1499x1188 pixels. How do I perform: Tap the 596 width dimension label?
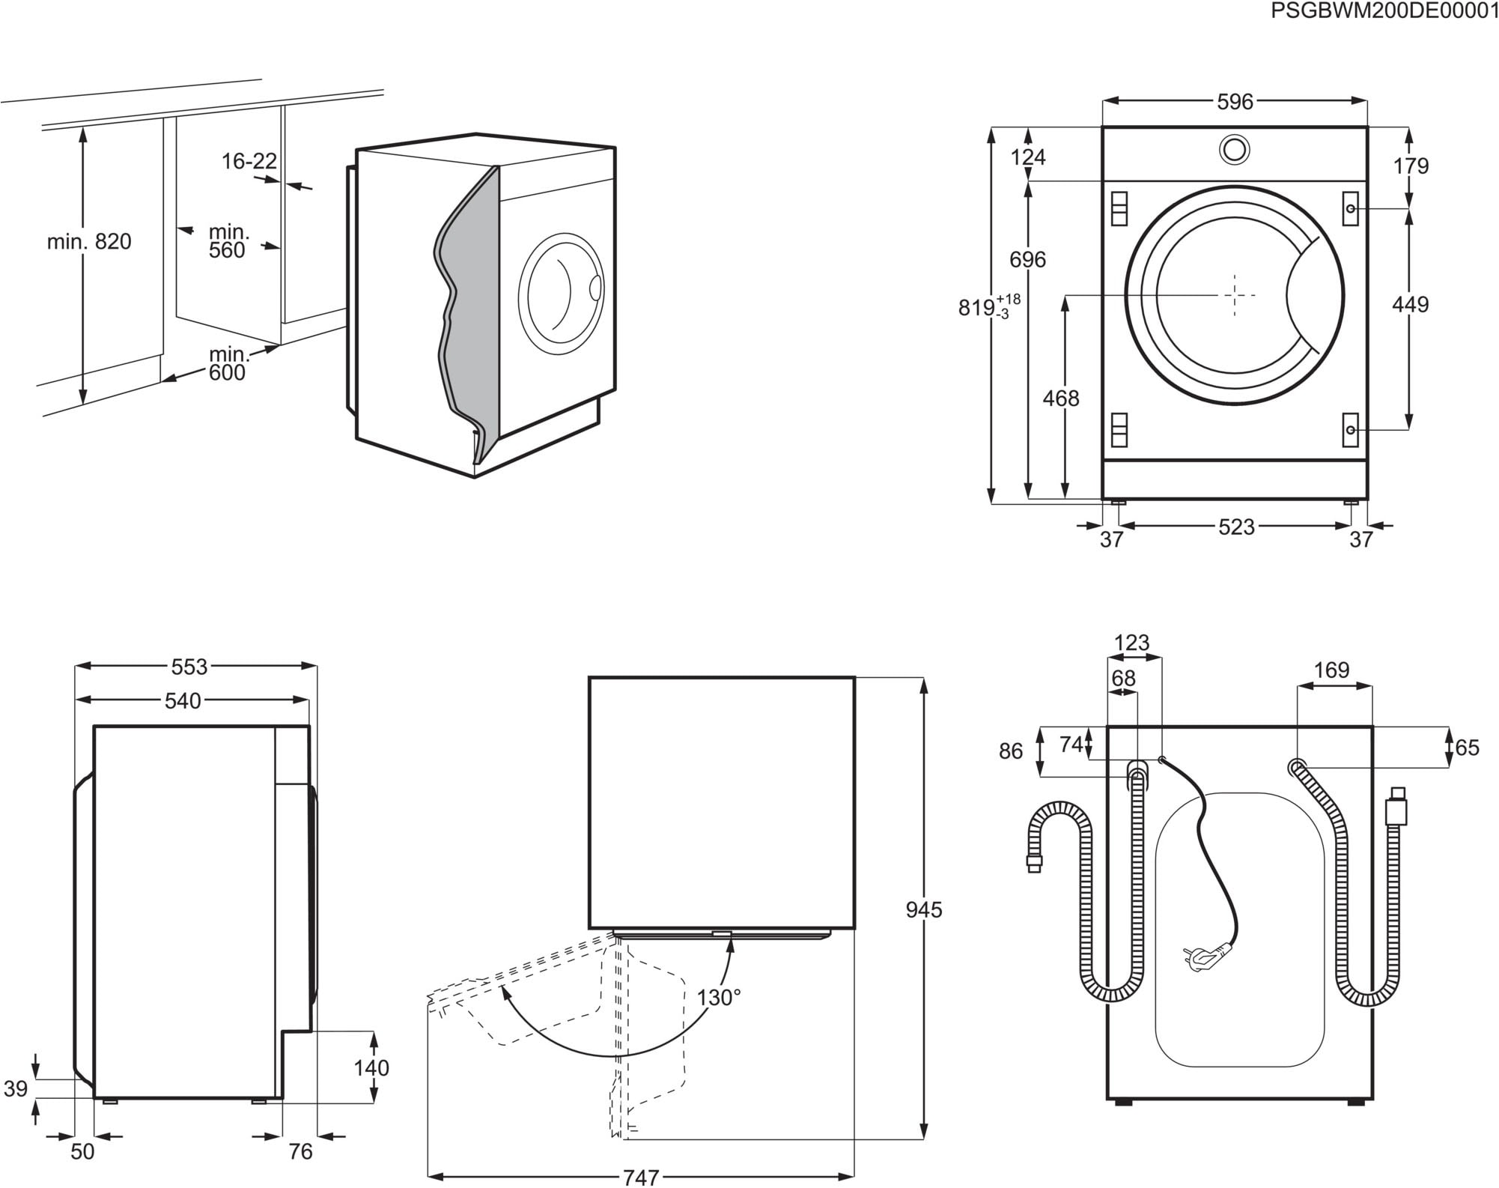[1235, 102]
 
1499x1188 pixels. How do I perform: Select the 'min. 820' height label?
[89, 241]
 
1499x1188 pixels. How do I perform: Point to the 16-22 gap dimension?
[249, 161]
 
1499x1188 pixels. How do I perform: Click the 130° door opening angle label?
[719, 997]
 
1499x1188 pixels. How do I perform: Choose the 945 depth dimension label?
[924, 910]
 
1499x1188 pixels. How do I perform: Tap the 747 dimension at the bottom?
[641, 1178]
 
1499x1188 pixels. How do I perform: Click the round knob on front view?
[1234, 149]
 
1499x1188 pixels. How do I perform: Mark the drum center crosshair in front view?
[1234, 295]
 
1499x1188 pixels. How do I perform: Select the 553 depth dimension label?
[189, 666]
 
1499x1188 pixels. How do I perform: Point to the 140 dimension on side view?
[371, 1067]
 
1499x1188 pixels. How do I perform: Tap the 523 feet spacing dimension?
[1236, 527]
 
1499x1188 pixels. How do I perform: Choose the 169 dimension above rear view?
[1331, 670]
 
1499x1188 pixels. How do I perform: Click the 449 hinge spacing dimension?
[1410, 304]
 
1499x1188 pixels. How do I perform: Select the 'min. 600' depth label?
[228, 363]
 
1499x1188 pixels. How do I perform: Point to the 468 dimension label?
[1061, 398]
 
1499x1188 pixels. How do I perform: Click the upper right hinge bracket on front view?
[1350, 208]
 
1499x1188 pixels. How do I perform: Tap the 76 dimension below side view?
[300, 1151]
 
